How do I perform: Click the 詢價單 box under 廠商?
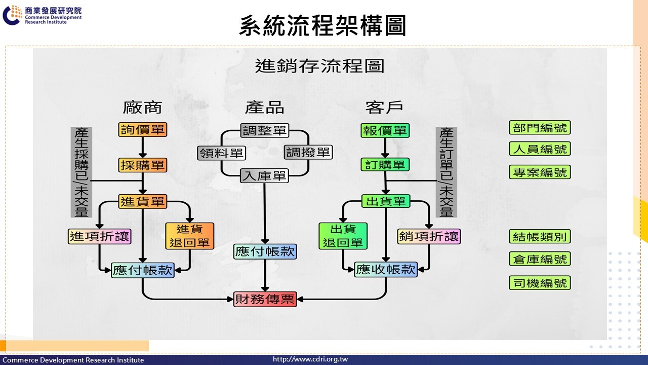coord(143,130)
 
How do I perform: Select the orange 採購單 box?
coord(143,165)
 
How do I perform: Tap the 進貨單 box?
coord(143,201)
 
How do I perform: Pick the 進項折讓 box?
coord(100,236)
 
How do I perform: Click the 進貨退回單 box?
coord(189,236)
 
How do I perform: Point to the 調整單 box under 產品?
coord(264,130)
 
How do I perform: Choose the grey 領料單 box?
coord(222,153)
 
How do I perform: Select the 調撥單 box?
coord(308,152)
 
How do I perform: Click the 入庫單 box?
coord(264,176)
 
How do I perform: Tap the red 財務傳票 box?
coord(265,299)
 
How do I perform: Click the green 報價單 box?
coord(385,130)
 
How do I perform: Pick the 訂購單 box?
coord(385,165)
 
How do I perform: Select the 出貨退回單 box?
coord(343,236)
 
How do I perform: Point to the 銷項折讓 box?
coord(429,236)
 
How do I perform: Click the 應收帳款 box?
coord(386,270)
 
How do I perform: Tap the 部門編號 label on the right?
coord(540,128)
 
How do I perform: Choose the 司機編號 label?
coord(540,283)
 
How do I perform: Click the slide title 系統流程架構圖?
coord(322,25)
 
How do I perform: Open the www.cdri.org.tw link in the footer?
coord(310,359)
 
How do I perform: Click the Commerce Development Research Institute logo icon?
coord(12,15)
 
